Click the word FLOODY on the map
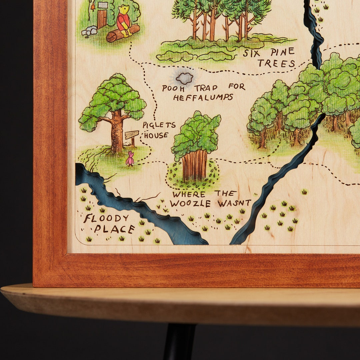[106, 218]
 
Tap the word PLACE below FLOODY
[114, 229]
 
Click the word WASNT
[234, 203]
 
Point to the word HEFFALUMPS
[203, 98]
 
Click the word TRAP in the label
[206, 88]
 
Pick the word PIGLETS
[159, 125]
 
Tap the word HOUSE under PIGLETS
[156, 135]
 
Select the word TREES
[276, 63]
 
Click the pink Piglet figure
[130, 159]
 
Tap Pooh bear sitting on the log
[124, 21]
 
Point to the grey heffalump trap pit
[184, 78]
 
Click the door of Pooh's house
[102, 19]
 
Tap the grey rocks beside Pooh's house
[89, 31]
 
